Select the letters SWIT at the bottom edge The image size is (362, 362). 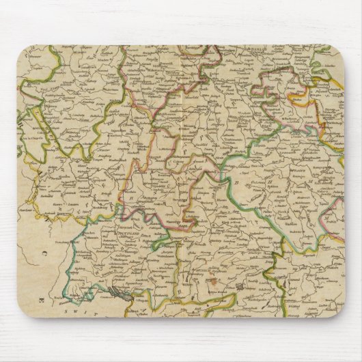(x=77, y=309)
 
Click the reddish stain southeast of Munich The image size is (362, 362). (x=217, y=279)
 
